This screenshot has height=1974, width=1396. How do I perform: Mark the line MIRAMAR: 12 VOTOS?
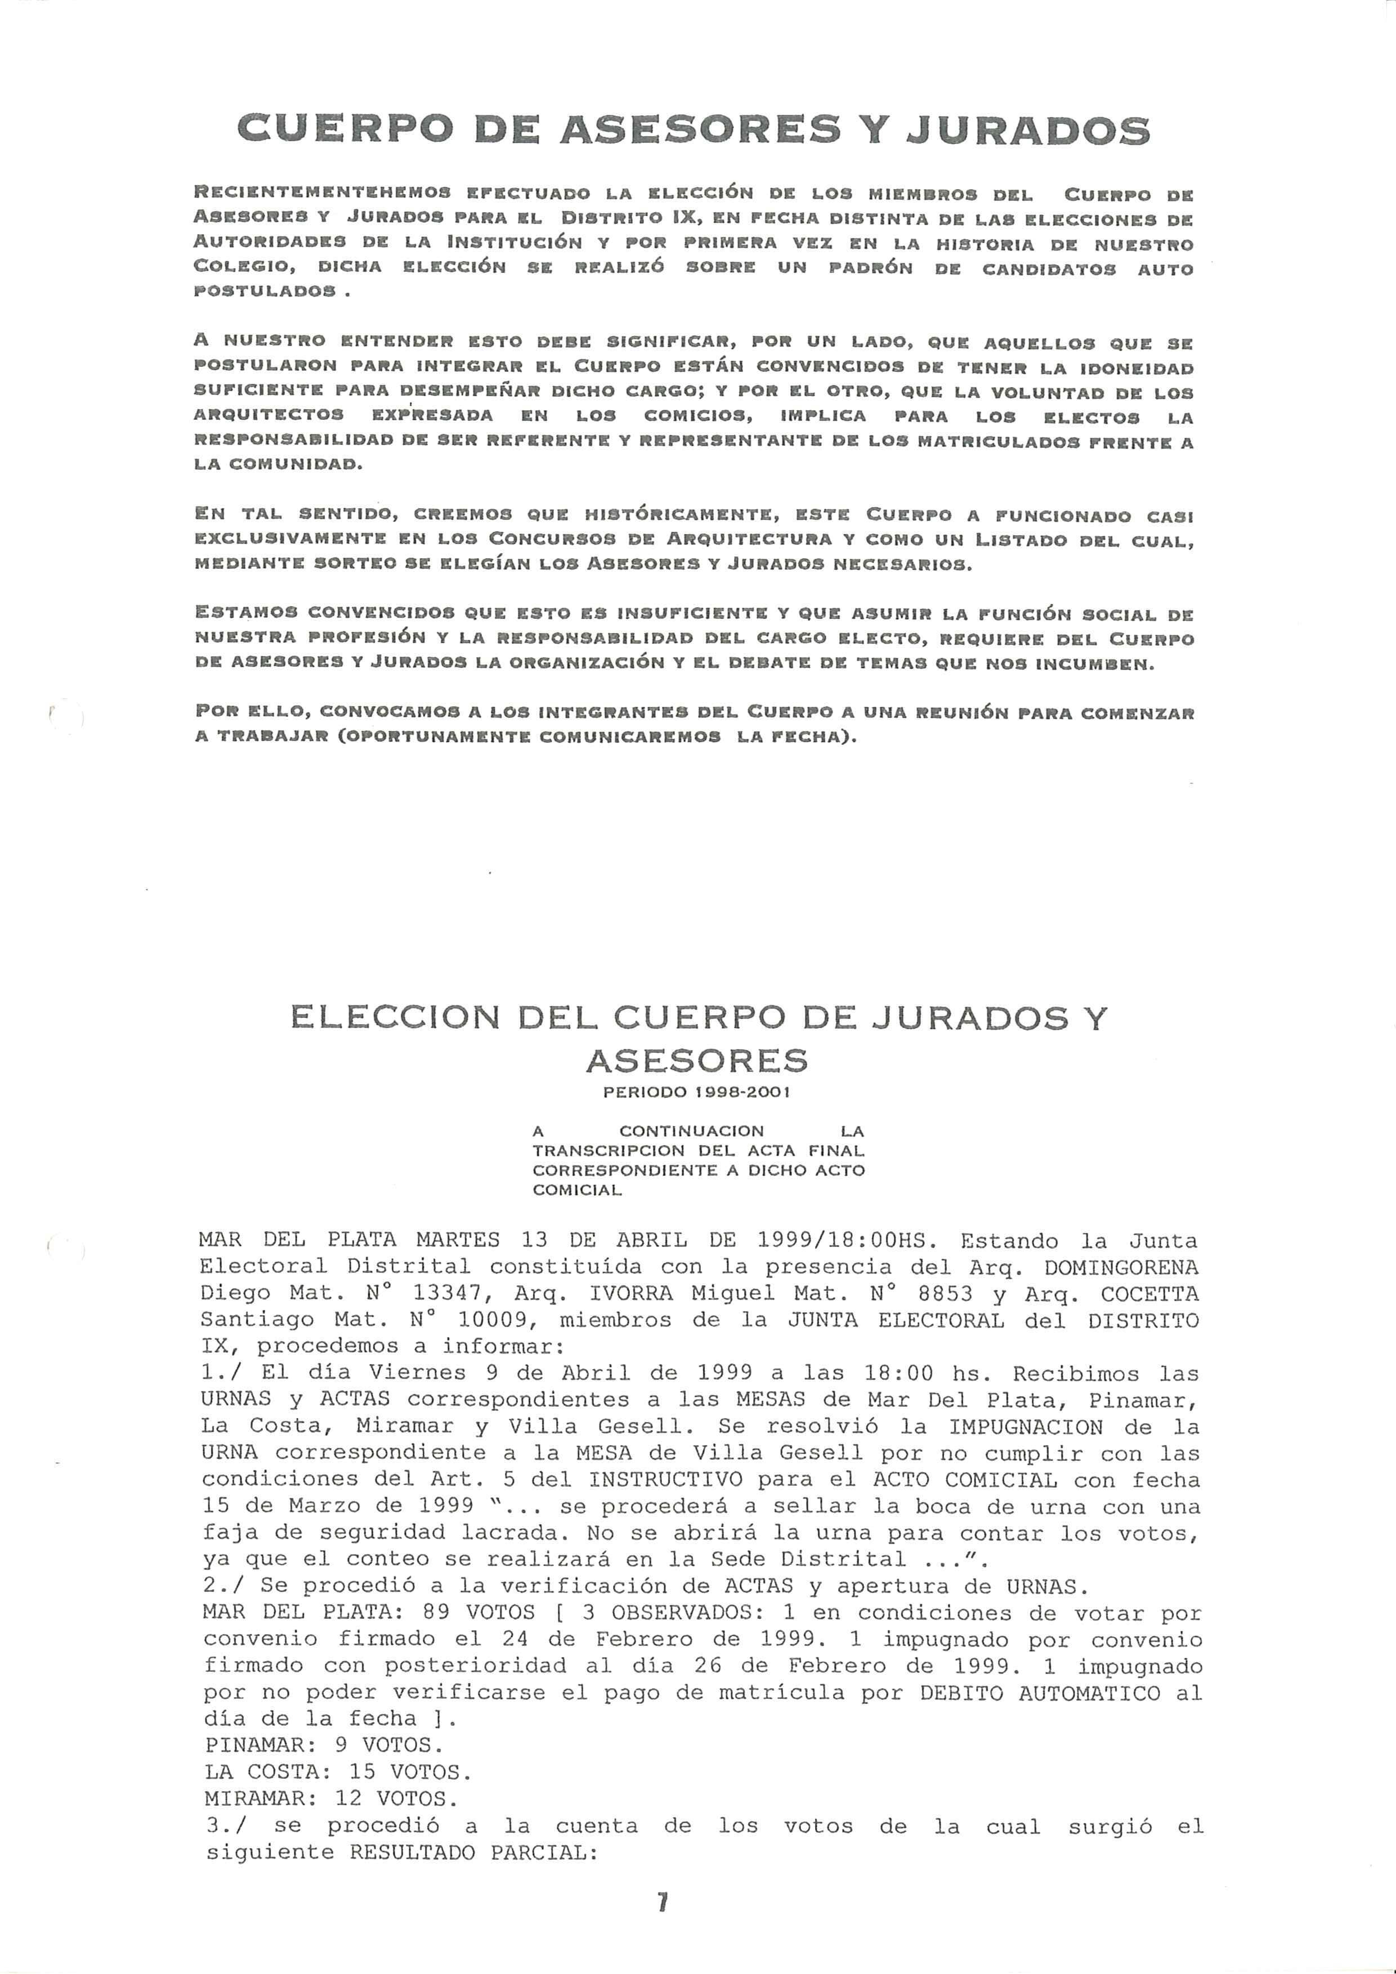[331, 1798]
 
